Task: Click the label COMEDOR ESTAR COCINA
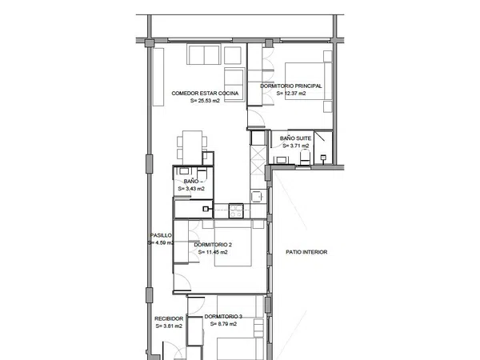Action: click(205, 94)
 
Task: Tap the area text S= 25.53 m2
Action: click(205, 101)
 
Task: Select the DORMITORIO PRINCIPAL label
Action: click(291, 86)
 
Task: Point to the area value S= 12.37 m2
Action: click(291, 94)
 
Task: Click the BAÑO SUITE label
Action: click(295, 138)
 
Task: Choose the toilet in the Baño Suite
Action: click(305, 157)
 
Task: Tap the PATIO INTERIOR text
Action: click(306, 252)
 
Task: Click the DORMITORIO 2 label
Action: click(213, 245)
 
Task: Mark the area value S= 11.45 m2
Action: click(213, 252)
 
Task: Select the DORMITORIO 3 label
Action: click(223, 317)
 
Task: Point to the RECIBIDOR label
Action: click(169, 318)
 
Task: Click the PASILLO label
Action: click(161, 235)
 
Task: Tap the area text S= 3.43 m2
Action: click(191, 189)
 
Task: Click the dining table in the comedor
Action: click(192, 147)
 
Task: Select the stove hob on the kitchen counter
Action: click(236, 210)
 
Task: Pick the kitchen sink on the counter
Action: click(258, 196)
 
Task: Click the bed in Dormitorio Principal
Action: click(308, 81)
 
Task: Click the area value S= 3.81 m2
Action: click(169, 326)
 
